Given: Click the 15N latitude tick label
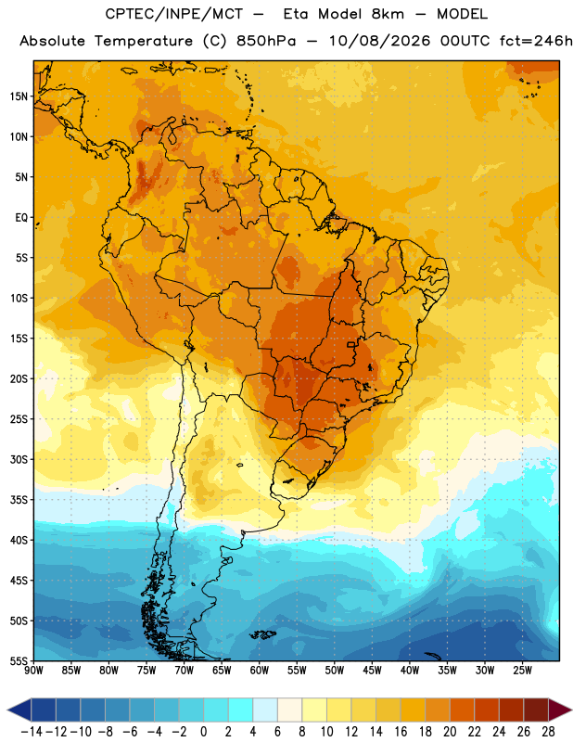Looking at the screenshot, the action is coord(19,96).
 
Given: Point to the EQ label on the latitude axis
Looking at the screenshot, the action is coord(21,218).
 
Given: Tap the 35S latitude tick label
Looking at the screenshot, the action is coord(19,500).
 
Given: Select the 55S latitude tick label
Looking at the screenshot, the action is coord(19,660).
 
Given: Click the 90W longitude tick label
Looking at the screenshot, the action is coord(33,670).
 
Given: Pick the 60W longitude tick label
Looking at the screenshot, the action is coord(260,670).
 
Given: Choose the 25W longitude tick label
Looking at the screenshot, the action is coord(522,670).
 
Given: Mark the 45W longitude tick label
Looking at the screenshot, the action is coord(372,670).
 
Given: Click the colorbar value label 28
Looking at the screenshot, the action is coord(548,732).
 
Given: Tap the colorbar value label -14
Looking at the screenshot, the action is coord(32,732).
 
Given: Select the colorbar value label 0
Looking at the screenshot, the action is coord(203,732).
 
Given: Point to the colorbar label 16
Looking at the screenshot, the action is coord(401,732).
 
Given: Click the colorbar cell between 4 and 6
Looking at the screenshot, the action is coord(265,710).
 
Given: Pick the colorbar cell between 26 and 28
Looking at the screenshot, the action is coord(536,710).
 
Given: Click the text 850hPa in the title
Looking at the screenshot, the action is coord(266,41).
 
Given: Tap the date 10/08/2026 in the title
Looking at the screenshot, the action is coord(379,41).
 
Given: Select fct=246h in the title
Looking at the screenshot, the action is coord(535,41).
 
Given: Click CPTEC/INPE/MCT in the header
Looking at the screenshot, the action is coord(173,14).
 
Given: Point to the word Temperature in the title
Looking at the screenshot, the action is coord(143,42).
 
